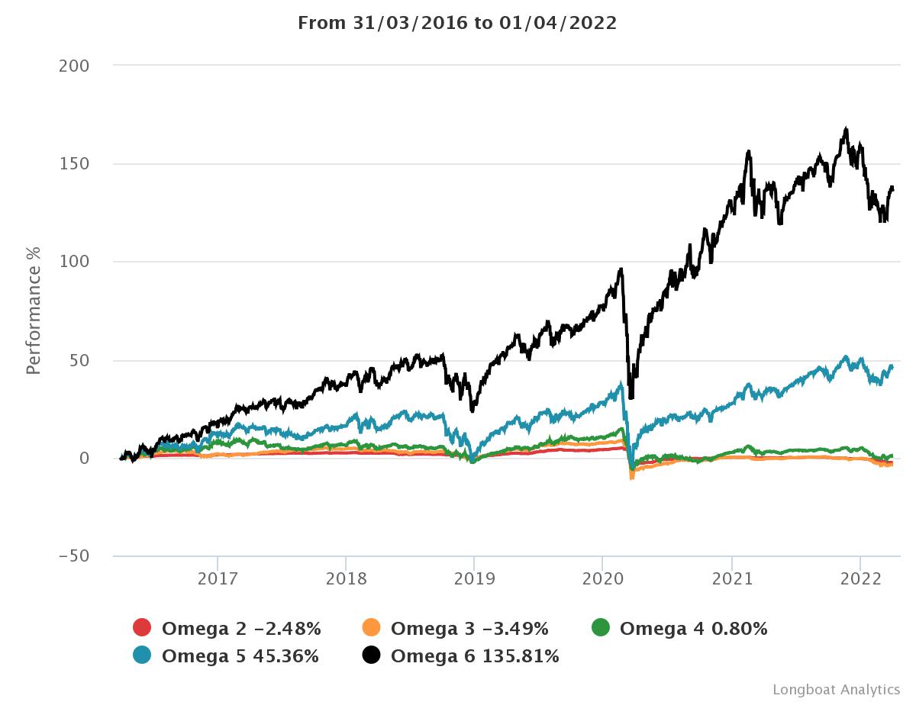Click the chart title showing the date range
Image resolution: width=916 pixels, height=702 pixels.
tap(456, 23)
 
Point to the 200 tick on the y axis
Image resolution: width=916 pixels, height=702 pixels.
tap(74, 66)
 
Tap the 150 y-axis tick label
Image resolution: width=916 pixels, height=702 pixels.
tap(74, 164)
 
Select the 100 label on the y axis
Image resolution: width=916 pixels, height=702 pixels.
tap(74, 262)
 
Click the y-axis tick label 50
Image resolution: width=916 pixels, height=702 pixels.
tap(79, 360)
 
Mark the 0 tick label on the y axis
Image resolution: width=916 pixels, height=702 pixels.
tap(85, 458)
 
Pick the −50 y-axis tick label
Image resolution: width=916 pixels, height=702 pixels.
tap(74, 556)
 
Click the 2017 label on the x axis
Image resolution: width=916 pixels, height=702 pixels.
tap(218, 578)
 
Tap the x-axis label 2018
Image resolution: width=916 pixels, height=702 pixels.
tap(346, 578)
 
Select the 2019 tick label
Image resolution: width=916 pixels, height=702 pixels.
tap(474, 578)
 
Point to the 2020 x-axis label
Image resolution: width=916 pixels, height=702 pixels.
tap(602, 578)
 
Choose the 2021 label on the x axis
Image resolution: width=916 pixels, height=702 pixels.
tap(731, 578)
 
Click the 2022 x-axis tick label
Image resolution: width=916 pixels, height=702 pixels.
tap(860, 578)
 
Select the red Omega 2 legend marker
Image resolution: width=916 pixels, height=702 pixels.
tap(142, 628)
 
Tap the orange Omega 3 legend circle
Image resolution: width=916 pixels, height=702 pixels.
tap(371, 628)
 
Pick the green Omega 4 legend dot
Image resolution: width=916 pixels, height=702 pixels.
tap(601, 628)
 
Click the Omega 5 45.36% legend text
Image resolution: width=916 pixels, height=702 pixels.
tap(240, 655)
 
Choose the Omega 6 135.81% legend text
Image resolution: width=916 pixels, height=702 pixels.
tap(475, 655)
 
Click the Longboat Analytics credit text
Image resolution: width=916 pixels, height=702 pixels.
tap(836, 689)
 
